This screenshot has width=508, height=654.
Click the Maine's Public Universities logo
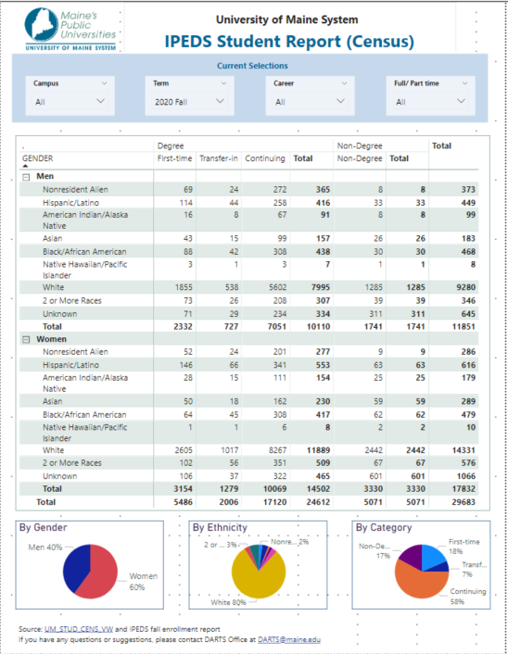point(70,30)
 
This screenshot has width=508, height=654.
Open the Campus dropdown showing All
point(70,101)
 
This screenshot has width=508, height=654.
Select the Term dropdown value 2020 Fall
point(189,101)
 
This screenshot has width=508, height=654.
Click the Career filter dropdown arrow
point(340,101)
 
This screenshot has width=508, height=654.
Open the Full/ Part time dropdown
point(430,101)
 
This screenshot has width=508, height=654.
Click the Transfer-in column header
point(219,158)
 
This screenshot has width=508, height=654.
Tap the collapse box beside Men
point(26,177)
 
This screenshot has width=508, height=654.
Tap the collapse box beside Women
point(26,340)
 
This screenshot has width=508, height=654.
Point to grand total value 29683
point(464,502)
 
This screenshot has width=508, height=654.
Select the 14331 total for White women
point(464,450)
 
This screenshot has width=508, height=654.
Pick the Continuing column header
point(264,158)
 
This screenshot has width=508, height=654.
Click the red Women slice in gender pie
point(99,574)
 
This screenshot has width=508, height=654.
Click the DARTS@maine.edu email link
point(289,639)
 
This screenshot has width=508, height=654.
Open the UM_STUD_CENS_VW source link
point(79,629)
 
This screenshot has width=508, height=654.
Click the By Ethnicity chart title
point(220,528)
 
